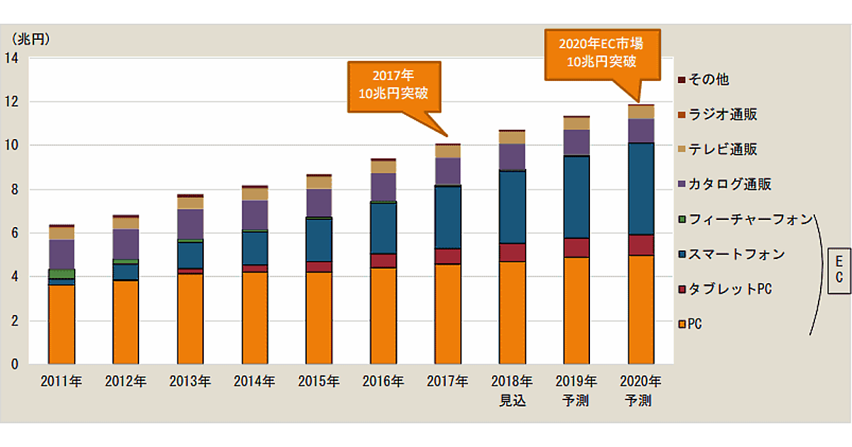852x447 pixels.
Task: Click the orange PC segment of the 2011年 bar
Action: coord(61,324)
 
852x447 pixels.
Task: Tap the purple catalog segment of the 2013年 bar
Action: coord(190,224)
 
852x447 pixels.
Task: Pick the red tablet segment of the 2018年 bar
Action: coord(511,253)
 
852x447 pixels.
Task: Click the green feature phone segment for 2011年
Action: coord(61,273)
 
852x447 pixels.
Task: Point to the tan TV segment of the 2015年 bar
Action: coord(319,182)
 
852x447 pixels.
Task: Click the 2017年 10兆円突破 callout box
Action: coord(394,85)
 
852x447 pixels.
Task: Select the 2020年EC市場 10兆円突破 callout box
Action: coord(602,53)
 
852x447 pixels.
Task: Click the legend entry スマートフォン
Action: coord(731,255)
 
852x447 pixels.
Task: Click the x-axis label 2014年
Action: coord(254,382)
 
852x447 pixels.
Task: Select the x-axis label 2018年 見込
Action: coord(511,390)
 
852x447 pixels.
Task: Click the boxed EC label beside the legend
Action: coord(838,270)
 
